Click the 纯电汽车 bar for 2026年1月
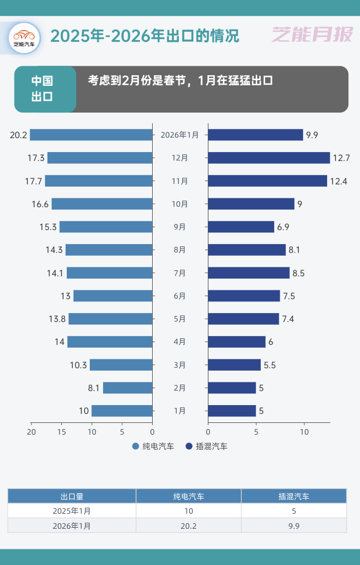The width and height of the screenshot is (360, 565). tap(91, 135)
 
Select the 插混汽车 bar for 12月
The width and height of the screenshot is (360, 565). tap(269, 158)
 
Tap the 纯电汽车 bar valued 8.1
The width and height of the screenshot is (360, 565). tap(128, 388)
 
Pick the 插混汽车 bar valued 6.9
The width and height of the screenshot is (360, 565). tap(241, 227)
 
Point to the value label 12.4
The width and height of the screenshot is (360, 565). tap(338, 181)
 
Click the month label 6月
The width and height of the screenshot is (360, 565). tap(180, 296)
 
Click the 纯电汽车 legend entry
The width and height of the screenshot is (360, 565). tap(153, 446)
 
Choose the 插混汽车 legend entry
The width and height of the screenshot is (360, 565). tap(207, 446)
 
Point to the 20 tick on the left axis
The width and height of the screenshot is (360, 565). tap(32, 431)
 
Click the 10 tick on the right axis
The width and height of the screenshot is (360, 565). tap(304, 431)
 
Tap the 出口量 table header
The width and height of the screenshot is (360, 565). tap(72, 496)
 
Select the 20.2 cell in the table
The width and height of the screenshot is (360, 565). tap(188, 525)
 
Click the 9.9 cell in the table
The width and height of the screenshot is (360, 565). tap(294, 525)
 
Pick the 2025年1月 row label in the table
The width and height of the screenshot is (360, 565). tap(72, 511)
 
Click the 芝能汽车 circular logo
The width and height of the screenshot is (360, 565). tap(24, 37)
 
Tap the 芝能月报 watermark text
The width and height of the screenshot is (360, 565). tap(313, 35)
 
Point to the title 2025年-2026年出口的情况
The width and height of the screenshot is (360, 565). tap(145, 36)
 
